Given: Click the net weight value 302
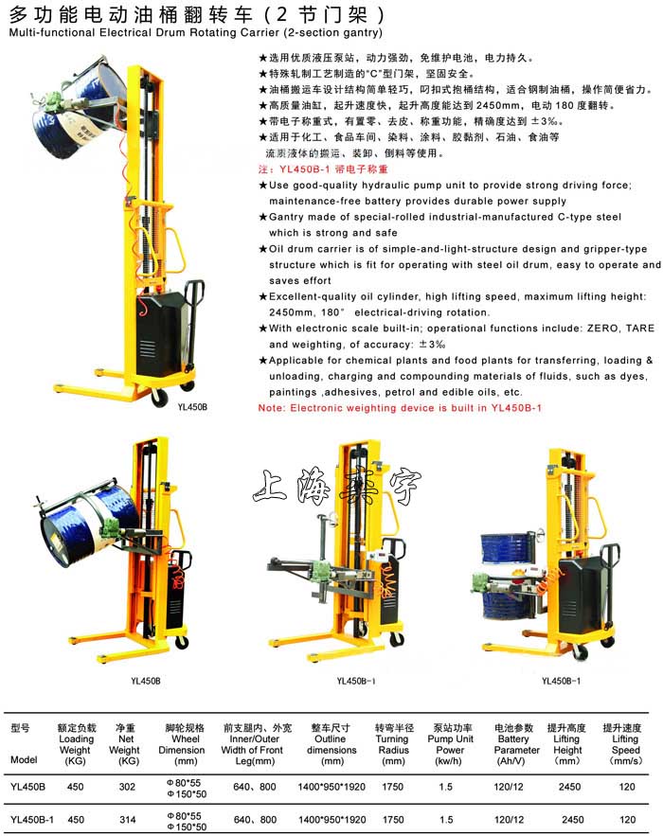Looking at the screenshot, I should (126, 786).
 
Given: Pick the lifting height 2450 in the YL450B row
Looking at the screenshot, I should (569, 786).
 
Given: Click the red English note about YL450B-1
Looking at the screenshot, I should (400, 407).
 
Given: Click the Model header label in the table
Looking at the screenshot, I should (24, 760).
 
